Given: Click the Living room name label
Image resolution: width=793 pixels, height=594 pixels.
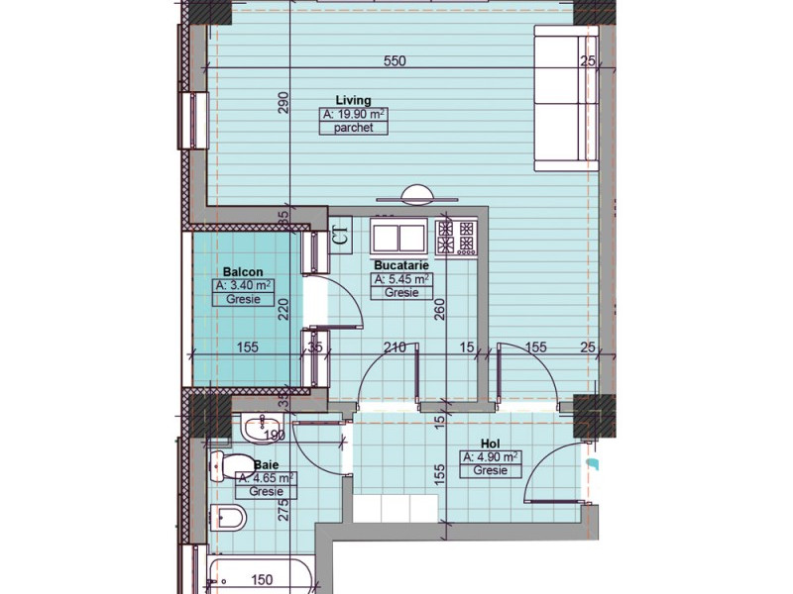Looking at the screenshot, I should [x=353, y=100].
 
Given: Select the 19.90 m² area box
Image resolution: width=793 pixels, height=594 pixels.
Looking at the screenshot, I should [x=353, y=115].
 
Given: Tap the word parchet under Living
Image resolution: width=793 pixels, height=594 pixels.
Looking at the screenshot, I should [x=353, y=129].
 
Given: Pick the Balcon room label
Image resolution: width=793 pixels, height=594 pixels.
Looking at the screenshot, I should [x=242, y=270].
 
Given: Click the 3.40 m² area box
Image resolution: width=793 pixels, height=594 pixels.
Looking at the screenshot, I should [x=243, y=285].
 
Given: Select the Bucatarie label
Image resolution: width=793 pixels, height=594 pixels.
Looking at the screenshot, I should [x=400, y=265].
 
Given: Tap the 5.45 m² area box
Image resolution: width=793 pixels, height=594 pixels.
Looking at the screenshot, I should [x=400, y=280].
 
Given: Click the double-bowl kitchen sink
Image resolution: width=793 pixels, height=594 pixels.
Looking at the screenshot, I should [x=398, y=237].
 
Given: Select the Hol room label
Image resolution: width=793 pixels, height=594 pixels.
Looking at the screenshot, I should [x=490, y=443].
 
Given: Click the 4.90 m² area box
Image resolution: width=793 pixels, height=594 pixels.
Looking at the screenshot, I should [x=490, y=456].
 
